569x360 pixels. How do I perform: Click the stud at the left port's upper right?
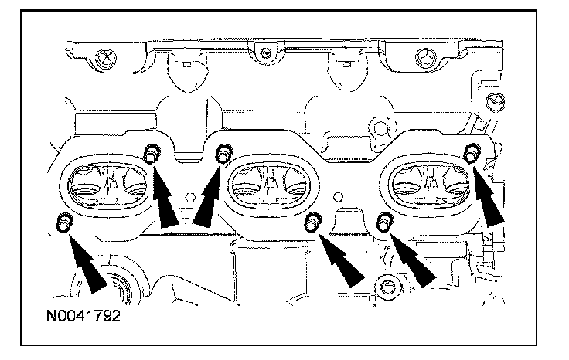tap(152, 152)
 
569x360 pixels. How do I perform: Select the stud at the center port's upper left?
tap(223, 154)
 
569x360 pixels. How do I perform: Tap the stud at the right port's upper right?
tap(471, 153)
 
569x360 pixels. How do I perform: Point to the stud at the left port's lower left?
tap(63, 223)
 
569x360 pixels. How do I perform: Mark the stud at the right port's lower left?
tap(383, 223)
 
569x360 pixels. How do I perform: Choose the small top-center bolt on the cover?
tap(264, 53)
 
